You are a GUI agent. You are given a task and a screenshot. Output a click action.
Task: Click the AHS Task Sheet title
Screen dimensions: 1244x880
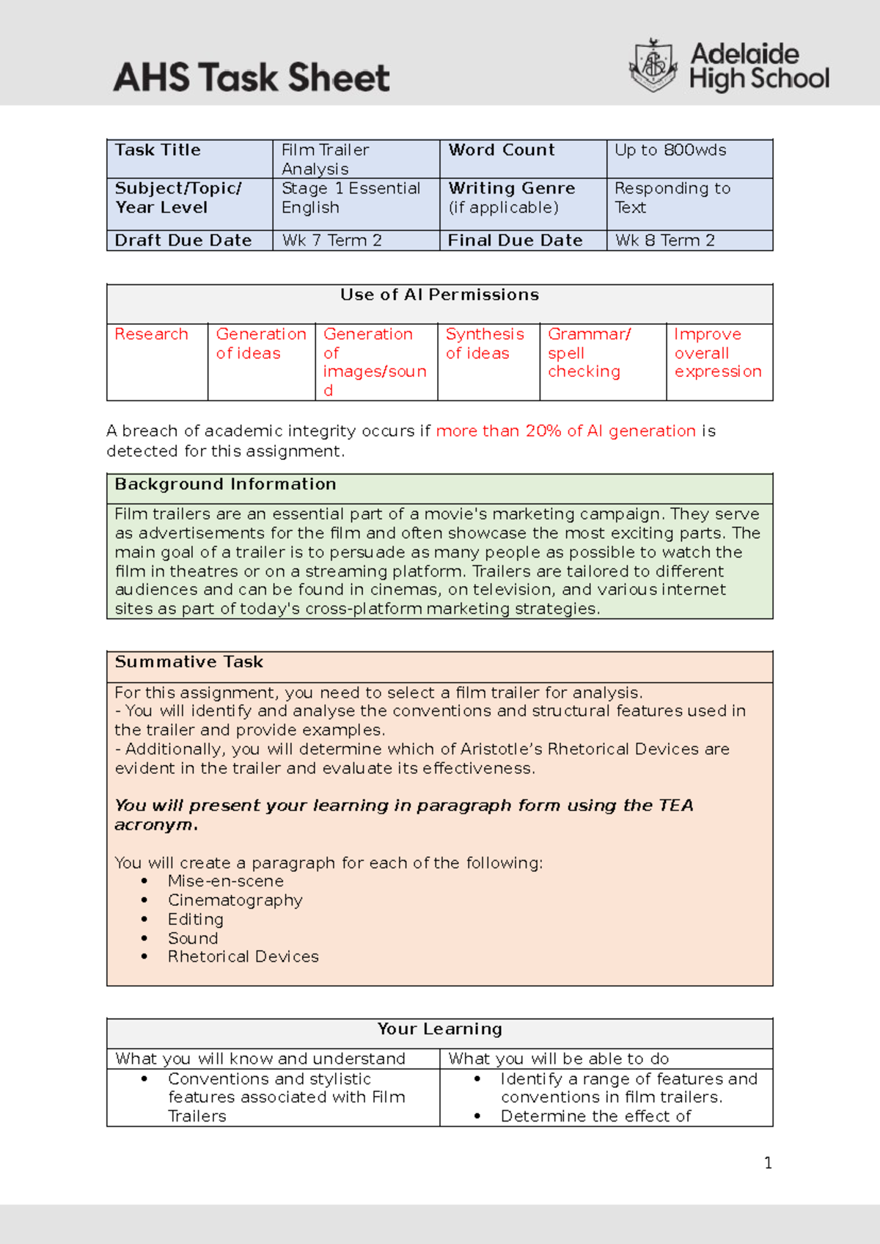point(251,78)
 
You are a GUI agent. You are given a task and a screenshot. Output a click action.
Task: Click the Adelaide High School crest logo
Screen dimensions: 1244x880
point(653,65)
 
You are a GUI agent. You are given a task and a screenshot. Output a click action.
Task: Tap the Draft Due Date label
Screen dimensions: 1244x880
point(183,241)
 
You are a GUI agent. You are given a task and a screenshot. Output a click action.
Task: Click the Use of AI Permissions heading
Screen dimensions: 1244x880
point(439,295)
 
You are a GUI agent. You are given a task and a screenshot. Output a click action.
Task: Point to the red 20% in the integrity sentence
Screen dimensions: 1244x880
point(543,431)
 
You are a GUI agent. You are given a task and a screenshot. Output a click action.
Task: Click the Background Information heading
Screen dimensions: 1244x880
point(225,485)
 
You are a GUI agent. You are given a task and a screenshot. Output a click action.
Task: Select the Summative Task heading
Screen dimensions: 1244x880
point(188,662)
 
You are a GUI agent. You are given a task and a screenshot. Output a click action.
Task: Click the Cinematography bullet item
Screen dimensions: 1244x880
point(235,900)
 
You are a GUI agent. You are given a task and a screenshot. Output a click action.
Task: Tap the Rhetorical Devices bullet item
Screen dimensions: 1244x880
point(243,957)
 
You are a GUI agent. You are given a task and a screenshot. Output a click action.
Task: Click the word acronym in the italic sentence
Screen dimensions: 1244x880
point(155,825)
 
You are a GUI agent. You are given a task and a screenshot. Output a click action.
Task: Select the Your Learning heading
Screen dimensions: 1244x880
point(439,1029)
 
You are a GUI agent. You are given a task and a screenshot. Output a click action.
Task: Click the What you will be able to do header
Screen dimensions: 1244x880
point(558,1059)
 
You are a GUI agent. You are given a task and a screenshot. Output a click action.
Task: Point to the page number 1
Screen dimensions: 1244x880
point(768,1163)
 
